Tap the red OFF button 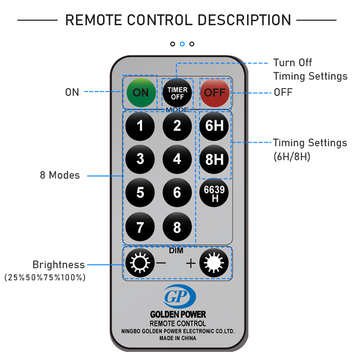click(215, 93)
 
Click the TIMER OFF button click(177, 93)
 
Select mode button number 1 click(140, 126)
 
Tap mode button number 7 click(140, 227)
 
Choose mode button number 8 click(177, 227)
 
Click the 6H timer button click(215, 126)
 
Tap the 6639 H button click(215, 193)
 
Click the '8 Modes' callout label click(60, 175)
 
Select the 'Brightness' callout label click(58, 265)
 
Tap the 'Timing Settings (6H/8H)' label click(310, 149)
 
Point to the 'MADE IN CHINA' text click(178, 338)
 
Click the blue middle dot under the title click(182, 44)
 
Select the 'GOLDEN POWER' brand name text click(178, 315)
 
